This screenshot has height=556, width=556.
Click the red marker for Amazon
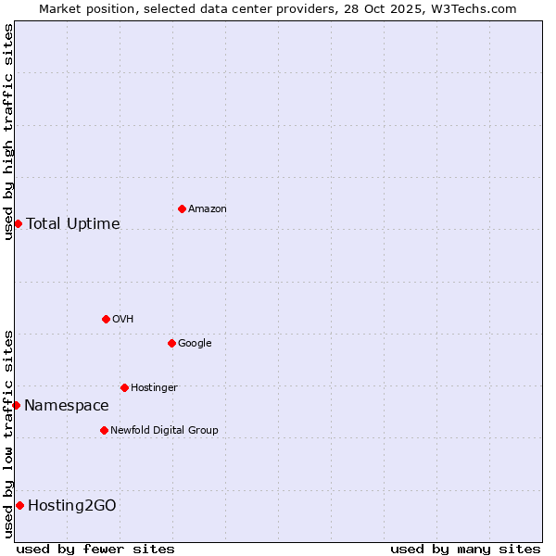coord(182,208)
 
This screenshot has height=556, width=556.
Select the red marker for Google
coord(171,343)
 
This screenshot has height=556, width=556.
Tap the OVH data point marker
coord(106,319)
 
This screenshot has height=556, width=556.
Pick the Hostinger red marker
coord(124,387)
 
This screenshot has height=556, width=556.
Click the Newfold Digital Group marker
coord(104,430)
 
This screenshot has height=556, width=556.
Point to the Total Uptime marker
coord(18,223)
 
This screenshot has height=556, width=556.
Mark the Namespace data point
coord(16,405)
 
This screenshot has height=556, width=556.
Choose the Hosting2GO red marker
coord(19,505)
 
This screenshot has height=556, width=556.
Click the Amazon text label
coord(208,209)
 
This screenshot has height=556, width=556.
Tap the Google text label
coord(195,344)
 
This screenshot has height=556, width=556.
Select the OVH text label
coord(123,320)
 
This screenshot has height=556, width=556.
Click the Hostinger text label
coord(154,388)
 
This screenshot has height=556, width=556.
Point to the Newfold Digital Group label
coord(164,431)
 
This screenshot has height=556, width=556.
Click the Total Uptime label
coord(73,224)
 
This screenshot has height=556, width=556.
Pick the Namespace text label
coord(67,406)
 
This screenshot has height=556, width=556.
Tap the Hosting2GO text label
coord(72,506)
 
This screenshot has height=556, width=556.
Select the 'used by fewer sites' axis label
coord(95,549)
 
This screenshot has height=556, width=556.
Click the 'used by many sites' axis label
coord(465,549)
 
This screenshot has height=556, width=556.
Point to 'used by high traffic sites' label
coord(8,132)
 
